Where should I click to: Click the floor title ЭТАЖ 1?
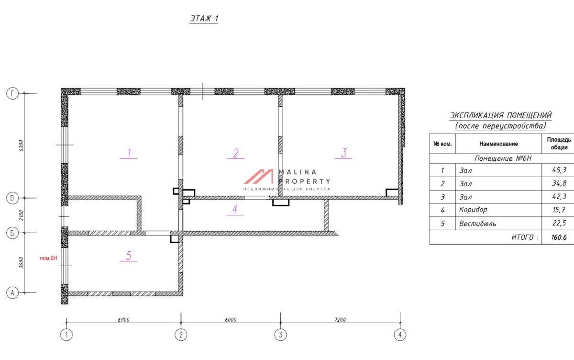point(204,18)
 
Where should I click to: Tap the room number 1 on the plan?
point(129,153)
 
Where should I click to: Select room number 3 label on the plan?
point(344,153)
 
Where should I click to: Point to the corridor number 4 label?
point(235,210)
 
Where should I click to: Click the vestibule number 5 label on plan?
point(129,255)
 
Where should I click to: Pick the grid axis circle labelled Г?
point(12,93)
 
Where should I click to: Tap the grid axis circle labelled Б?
point(12,233)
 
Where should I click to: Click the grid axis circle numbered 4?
point(400,335)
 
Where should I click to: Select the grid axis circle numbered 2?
point(181,335)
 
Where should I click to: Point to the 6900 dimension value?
point(123,320)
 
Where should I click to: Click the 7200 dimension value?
point(340,320)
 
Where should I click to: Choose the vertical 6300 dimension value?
point(21,146)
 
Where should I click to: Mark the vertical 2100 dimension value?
point(21,215)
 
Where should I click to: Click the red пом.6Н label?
point(48,258)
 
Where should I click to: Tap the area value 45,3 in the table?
point(559,170)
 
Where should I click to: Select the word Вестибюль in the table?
point(477,224)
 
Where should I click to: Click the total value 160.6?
point(559,237)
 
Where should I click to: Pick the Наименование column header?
point(498,144)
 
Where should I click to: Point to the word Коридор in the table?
point(473,210)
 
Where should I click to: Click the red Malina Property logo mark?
point(259,177)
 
